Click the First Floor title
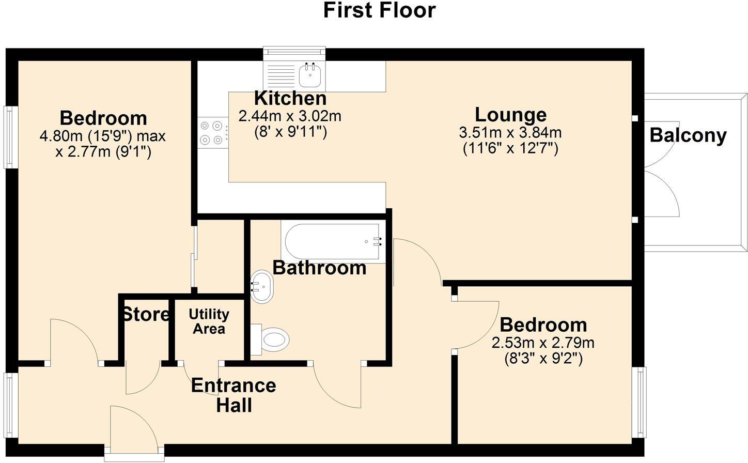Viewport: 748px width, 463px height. pos(379,10)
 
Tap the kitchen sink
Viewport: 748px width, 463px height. pos(311,75)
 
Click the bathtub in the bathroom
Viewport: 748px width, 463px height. pos(333,241)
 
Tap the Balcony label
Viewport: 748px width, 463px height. pos(688,135)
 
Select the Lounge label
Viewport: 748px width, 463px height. pos(510,115)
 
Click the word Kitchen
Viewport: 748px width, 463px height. pos(290,98)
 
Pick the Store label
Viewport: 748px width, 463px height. pos(145,314)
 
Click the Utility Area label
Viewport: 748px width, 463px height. pos(209,321)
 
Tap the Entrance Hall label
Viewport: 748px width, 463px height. pos(233,395)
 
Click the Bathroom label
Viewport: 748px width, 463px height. pos(319,268)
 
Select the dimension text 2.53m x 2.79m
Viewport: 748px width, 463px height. pos(543,343)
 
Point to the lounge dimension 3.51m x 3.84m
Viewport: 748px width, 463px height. pos(510,133)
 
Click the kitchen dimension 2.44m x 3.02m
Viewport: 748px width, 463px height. pos(290,116)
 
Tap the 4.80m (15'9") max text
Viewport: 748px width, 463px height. pos(103,136)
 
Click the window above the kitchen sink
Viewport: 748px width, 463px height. pos(294,52)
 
